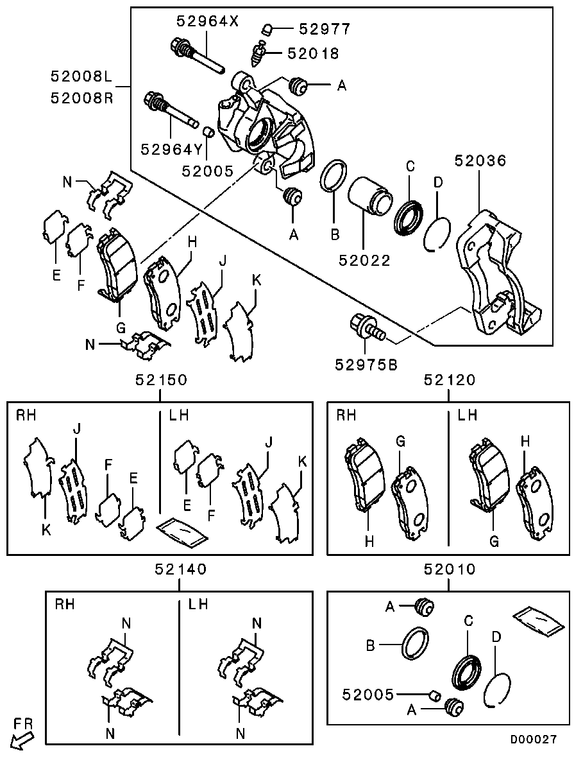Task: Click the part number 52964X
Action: click(x=207, y=21)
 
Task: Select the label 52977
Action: click(x=325, y=29)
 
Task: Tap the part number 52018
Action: click(x=313, y=53)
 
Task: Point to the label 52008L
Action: click(x=81, y=76)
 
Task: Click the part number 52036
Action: click(x=480, y=160)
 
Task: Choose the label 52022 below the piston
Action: click(x=364, y=261)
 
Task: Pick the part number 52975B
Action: click(x=366, y=364)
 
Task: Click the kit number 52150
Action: click(x=161, y=379)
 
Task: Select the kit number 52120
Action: click(x=450, y=379)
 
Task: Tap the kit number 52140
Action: click(x=181, y=569)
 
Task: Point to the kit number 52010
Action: click(x=450, y=569)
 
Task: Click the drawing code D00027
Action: click(x=533, y=740)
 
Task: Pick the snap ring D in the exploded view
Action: click(x=437, y=232)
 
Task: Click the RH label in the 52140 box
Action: click(x=65, y=604)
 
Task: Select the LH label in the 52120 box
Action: click(x=468, y=415)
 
